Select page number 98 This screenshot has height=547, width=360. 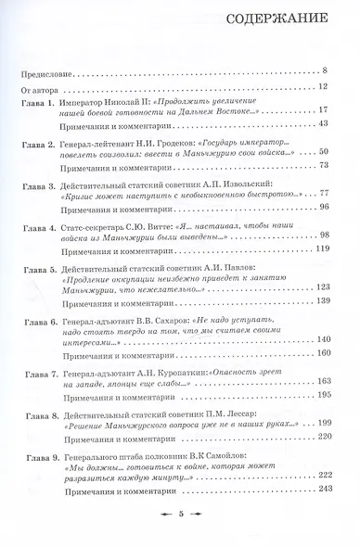coord(336,234)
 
